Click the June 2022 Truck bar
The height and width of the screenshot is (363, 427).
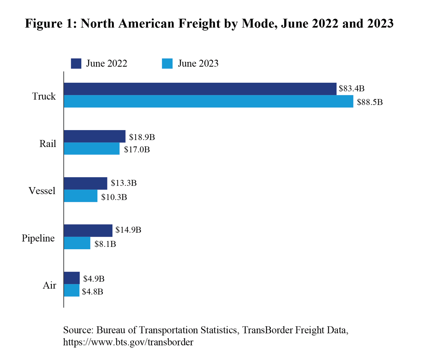tap(200, 89)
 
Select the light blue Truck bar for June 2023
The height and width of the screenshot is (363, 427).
tap(208, 101)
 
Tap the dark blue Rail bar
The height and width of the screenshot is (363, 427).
tap(94, 136)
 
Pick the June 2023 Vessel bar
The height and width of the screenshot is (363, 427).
tap(80, 196)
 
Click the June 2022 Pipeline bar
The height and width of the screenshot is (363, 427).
tap(88, 230)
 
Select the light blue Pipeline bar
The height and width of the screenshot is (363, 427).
tap(77, 243)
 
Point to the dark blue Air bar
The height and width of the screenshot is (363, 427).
tap(72, 278)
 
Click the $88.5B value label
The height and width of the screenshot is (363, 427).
tap(370, 102)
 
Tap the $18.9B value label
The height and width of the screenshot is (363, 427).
tap(142, 137)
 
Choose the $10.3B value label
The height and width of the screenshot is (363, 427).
tap(114, 197)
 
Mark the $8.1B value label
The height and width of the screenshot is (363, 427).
tap(105, 244)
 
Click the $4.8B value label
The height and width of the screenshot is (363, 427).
tap(93, 292)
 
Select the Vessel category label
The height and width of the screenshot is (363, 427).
tap(42, 191)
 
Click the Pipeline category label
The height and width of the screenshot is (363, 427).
tap(38, 238)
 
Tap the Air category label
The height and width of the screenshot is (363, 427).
tap(49, 285)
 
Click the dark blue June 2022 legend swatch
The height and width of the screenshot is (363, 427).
tap(76, 64)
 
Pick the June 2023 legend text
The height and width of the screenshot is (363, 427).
tap(198, 64)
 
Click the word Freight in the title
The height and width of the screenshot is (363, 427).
tap(199, 24)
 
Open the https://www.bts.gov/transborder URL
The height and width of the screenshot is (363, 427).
tap(128, 342)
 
